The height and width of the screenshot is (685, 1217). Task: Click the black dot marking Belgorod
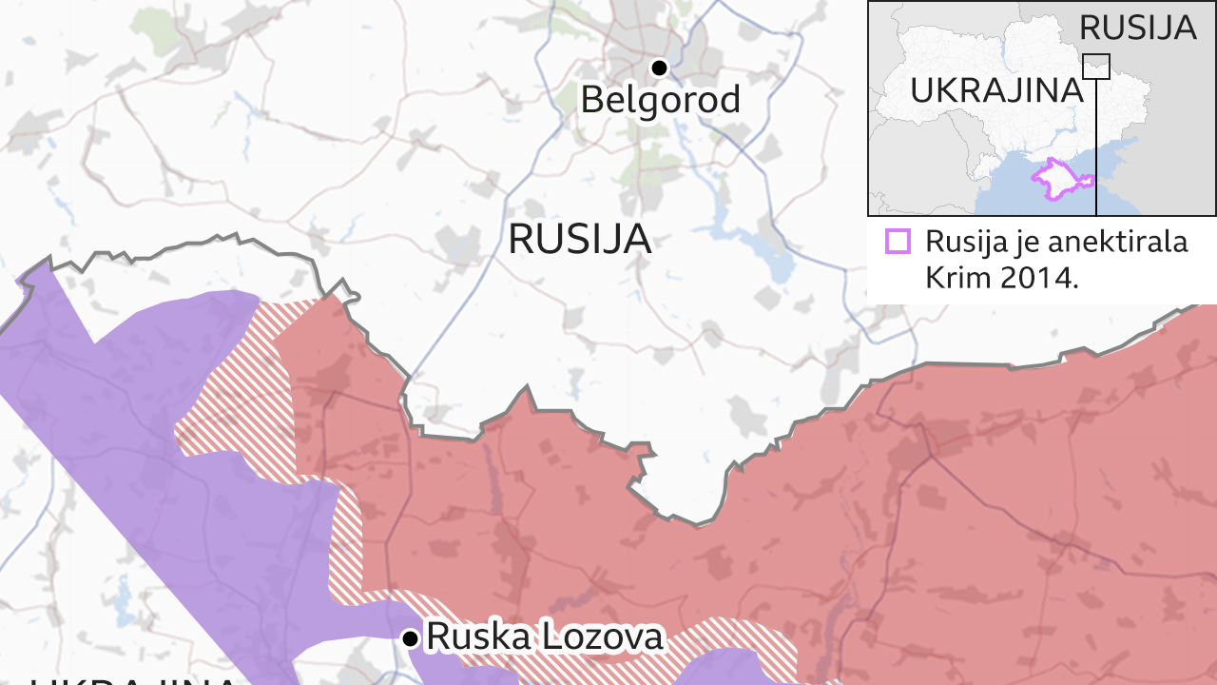click(658, 68)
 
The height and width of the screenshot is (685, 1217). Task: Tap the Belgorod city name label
click(660, 99)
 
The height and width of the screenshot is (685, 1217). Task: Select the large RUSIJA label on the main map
click(579, 238)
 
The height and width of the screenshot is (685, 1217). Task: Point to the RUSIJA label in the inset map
click(1137, 28)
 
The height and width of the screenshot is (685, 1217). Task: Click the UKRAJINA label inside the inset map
click(996, 91)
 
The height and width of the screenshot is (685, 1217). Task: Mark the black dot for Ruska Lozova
click(411, 637)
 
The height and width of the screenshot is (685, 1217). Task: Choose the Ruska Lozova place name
click(545, 636)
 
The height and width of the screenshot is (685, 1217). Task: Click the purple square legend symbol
click(898, 242)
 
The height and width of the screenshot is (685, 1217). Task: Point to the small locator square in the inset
click(1096, 66)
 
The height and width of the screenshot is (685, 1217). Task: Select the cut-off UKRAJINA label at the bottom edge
click(133, 679)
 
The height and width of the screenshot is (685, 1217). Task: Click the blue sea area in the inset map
click(1008, 195)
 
